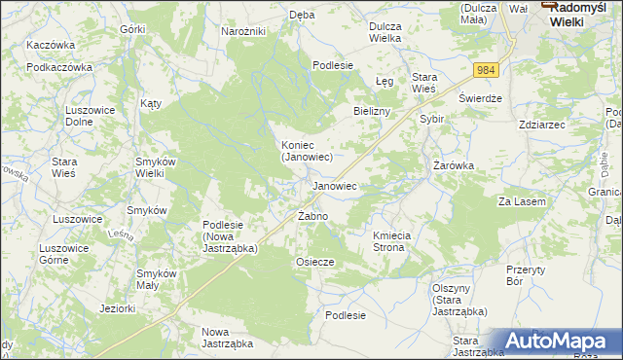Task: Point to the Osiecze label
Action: click(314, 262)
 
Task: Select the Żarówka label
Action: click(453, 165)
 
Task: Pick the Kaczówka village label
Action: click(52, 46)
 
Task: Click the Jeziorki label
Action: click(117, 309)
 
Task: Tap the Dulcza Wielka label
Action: click(392, 32)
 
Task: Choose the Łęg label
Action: click(384, 81)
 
